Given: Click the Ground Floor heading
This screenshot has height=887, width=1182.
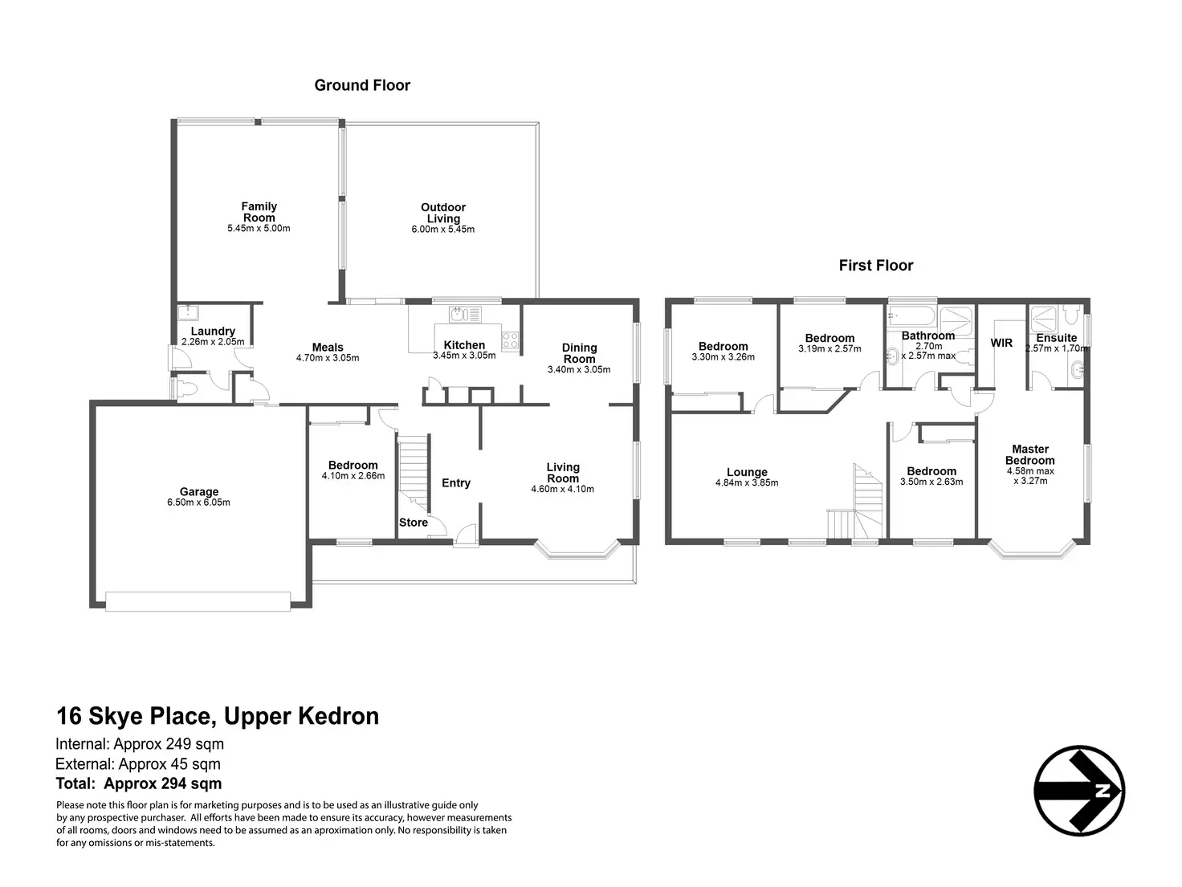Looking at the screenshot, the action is [x=362, y=85].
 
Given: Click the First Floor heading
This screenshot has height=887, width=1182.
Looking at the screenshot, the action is [x=876, y=265].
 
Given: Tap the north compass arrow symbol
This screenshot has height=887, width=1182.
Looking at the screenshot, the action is [x=1078, y=791].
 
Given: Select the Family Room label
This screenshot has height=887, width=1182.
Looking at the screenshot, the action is [x=259, y=212].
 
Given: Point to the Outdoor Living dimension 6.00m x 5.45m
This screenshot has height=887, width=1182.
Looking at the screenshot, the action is [x=443, y=230].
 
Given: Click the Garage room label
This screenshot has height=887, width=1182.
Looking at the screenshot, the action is [x=199, y=492].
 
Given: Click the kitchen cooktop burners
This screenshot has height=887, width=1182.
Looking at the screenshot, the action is [x=510, y=340].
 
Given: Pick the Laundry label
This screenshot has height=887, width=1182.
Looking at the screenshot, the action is [x=213, y=331].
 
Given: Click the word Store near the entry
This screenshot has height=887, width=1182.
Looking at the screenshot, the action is [x=414, y=523].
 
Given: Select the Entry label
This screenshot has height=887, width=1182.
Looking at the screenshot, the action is [x=456, y=482].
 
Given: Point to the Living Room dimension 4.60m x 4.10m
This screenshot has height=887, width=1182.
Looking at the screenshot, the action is [x=563, y=489].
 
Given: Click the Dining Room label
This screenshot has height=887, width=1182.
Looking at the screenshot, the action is [x=579, y=353].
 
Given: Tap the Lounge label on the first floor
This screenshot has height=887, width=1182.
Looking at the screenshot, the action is [x=747, y=472].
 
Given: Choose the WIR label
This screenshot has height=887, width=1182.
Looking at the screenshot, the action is [x=1001, y=343].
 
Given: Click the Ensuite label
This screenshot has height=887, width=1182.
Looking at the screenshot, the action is [x=1056, y=338].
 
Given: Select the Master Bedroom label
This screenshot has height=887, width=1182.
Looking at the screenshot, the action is [x=1030, y=455].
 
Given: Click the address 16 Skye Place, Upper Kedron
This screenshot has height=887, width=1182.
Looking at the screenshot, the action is [x=217, y=716].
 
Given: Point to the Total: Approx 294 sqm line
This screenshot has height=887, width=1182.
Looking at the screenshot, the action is [x=138, y=784].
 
